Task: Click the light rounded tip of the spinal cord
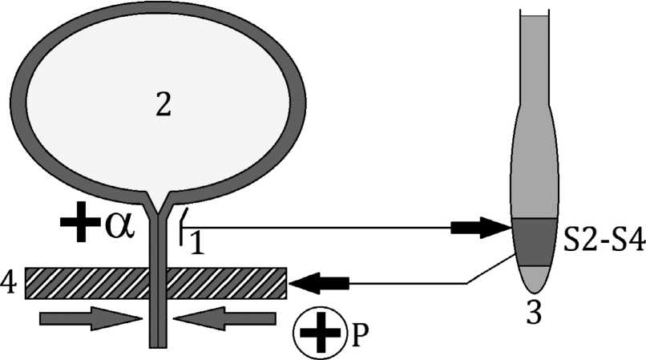pos(535,281)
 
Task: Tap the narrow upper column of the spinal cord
pos(532,56)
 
